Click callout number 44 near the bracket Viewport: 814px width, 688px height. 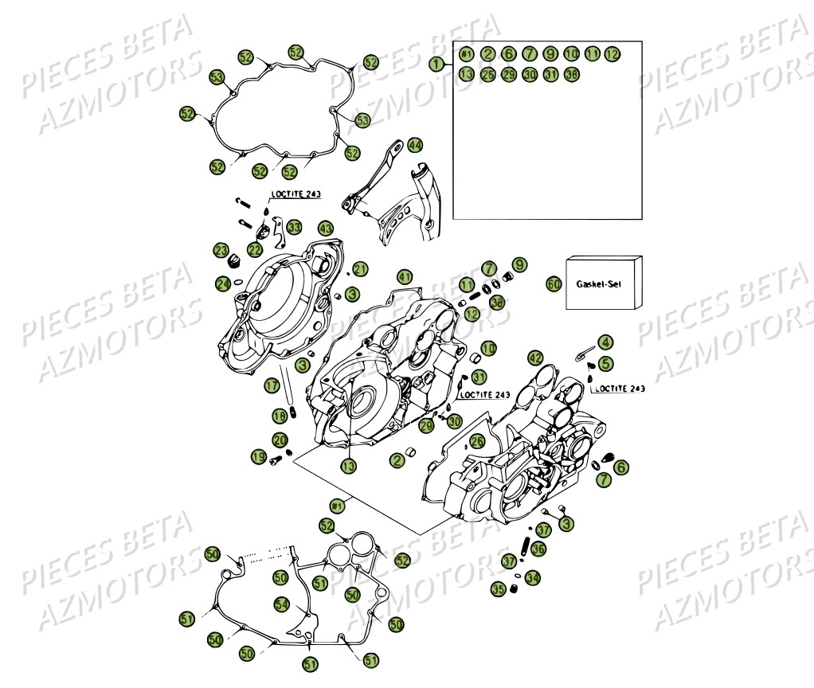(415, 145)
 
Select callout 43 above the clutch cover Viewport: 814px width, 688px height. (325, 228)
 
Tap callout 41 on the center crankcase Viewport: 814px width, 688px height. (405, 277)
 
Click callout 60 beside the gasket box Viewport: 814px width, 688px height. (554, 283)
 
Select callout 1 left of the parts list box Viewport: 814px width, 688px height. (435, 62)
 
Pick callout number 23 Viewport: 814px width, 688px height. (221, 250)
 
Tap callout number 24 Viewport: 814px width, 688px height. (223, 283)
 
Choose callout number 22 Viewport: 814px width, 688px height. (254, 249)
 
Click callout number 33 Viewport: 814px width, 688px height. (294, 227)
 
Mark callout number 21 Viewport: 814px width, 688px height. (361, 268)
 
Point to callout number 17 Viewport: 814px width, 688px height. (272, 385)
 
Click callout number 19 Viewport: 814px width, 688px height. (259, 456)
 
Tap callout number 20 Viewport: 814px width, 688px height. (279, 440)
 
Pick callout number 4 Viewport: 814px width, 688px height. (606, 342)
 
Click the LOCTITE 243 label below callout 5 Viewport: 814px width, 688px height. (618, 389)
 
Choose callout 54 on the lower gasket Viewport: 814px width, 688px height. (282, 604)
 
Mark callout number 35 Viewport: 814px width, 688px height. (499, 589)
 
